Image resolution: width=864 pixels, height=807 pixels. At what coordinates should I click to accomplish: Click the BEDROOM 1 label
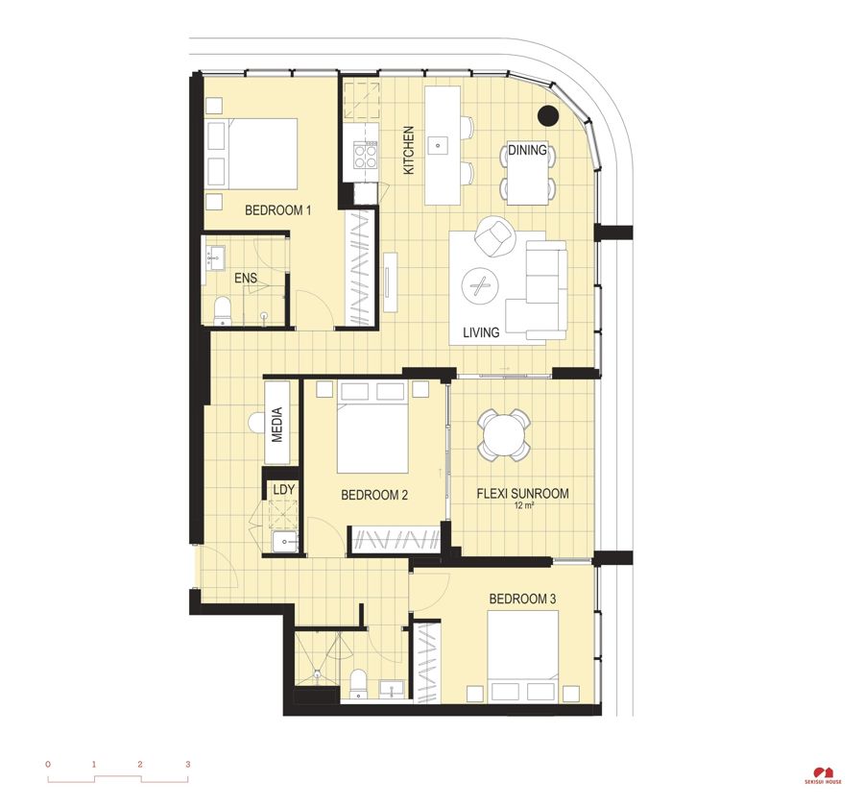(277, 210)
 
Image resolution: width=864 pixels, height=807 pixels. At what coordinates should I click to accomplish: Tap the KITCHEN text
(409, 151)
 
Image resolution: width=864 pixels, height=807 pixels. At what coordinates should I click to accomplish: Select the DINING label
(527, 150)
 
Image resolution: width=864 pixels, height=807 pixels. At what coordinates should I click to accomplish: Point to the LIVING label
(481, 332)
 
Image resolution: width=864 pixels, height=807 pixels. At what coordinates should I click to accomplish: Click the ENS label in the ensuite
(246, 278)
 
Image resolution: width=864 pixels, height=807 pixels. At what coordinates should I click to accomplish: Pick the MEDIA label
(277, 425)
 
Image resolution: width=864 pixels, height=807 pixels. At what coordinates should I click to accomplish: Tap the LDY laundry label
(284, 489)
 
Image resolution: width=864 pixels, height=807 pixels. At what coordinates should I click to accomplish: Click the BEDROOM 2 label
(374, 495)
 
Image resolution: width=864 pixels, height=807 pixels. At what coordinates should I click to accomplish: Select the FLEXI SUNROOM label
(522, 493)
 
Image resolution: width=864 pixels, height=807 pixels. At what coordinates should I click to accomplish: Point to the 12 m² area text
(523, 505)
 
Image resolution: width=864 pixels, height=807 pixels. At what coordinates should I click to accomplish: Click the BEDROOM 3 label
(522, 599)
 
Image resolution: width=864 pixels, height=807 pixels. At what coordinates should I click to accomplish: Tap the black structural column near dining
(548, 114)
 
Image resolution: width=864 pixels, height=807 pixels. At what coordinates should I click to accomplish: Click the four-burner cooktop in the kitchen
(366, 155)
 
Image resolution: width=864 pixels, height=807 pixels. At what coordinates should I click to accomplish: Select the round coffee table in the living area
(480, 286)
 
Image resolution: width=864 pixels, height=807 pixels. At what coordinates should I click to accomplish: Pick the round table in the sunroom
(504, 436)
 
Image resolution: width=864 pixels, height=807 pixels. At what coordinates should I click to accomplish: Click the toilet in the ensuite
(222, 310)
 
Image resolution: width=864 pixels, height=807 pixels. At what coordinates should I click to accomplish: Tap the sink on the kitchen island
(438, 146)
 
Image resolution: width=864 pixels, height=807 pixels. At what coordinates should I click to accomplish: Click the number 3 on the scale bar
(188, 765)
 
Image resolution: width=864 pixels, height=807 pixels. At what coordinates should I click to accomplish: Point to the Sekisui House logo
(823, 775)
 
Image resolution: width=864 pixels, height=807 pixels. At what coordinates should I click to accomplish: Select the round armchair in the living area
(493, 236)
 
